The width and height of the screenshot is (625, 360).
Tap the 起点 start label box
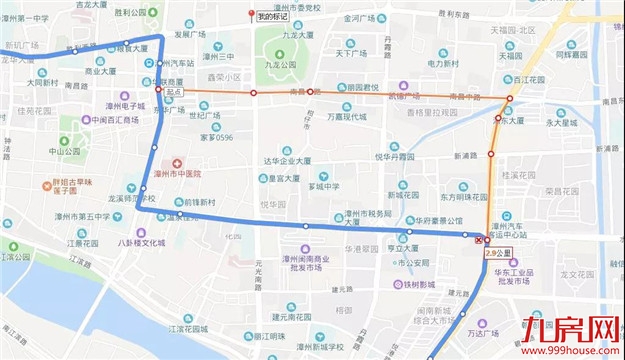tap(173, 91)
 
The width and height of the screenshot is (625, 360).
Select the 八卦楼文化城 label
tap(140, 242)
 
